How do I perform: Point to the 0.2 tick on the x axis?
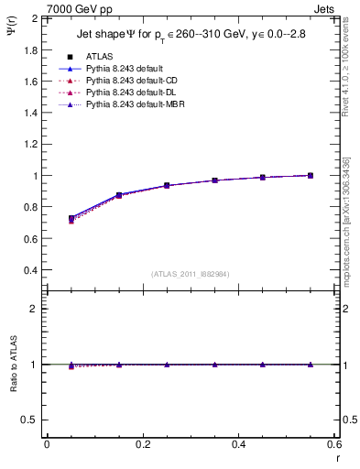[x=142, y=444]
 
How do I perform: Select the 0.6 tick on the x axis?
[x=334, y=444]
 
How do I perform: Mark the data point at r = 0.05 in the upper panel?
[x=71, y=219]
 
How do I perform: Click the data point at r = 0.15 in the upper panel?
[x=119, y=195]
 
